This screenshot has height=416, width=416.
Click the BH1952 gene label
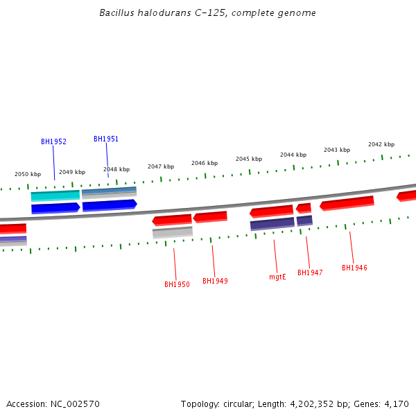tap(53, 141)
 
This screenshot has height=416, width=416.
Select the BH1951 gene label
tap(106, 139)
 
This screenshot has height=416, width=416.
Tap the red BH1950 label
tap(177, 284)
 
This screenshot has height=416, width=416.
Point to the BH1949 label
tap(215, 281)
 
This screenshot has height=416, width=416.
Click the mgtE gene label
tap(277, 277)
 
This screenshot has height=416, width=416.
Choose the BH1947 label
tap(310, 272)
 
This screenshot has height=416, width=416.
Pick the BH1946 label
tap(354, 268)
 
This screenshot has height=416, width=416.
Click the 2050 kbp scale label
tap(28, 174)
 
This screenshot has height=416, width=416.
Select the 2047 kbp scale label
tap(161, 166)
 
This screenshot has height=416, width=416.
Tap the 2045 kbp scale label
tap(249, 159)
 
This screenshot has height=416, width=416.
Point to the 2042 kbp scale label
tap(381, 144)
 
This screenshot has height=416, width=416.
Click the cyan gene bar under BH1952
tap(55, 196)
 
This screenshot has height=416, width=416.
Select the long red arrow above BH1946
tap(347, 202)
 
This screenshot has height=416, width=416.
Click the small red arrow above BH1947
tap(304, 208)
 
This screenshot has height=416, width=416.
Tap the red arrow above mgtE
tap(272, 211)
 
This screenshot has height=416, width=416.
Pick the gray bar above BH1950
tap(173, 232)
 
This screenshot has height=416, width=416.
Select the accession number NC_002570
tap(76, 404)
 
